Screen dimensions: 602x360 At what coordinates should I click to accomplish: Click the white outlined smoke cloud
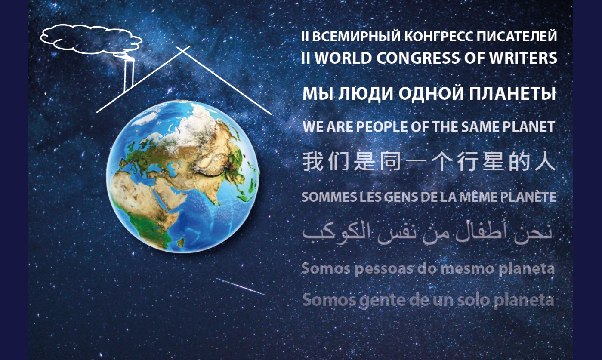(91, 39)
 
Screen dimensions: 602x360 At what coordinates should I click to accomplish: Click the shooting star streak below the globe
(240, 286)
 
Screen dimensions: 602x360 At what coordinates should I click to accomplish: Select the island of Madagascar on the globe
(181, 242)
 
